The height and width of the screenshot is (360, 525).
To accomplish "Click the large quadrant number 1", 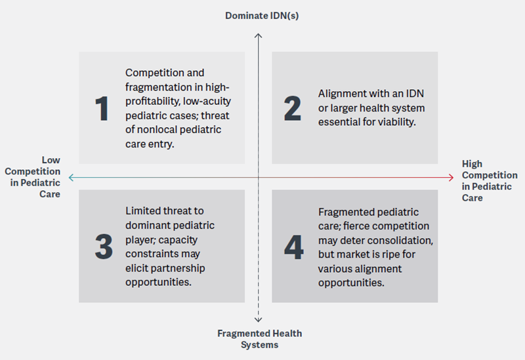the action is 102,108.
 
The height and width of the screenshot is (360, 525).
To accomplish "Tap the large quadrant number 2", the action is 292,108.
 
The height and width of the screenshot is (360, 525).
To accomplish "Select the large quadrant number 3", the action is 104,247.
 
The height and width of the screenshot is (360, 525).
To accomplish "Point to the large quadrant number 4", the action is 293,247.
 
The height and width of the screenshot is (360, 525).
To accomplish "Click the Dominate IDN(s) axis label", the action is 262,16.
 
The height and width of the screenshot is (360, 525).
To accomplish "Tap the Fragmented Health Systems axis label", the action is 259,339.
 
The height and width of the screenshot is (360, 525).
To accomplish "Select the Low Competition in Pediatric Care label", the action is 32,177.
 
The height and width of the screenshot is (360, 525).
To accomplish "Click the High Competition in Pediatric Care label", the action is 490,181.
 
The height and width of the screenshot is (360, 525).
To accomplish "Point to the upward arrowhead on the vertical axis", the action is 258,35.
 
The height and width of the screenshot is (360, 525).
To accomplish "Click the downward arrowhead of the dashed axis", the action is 258,320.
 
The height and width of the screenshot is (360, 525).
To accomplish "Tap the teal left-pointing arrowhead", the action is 71,178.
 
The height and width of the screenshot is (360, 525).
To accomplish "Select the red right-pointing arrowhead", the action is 451,178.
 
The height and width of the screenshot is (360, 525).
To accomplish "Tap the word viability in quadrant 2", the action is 399,122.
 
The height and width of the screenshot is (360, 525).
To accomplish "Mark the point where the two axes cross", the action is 258,178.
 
